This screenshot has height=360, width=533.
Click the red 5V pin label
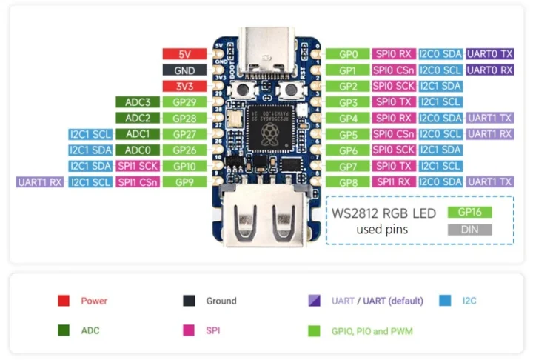coord(185,54)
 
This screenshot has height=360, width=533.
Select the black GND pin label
coord(185,70)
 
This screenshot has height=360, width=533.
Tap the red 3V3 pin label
coord(185,86)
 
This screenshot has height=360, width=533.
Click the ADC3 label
coord(138,102)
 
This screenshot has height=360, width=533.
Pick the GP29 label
coord(184,102)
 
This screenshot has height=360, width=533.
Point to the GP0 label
coord(348,54)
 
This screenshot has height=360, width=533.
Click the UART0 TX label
coord(490,54)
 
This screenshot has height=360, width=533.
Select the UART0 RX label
coord(490,70)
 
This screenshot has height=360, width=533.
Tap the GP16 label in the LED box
coord(469,212)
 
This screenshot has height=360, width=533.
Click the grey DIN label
coord(469,230)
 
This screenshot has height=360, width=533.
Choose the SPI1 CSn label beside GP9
coord(138,182)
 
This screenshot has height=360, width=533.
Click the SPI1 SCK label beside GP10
coord(138,166)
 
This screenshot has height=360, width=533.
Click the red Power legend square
coord(64,301)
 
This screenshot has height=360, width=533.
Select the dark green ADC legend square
coord(64,330)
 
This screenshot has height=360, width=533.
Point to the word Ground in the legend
coord(221,301)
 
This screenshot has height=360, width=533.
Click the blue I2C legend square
coord(444,301)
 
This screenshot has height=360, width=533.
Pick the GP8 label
coord(348,182)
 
